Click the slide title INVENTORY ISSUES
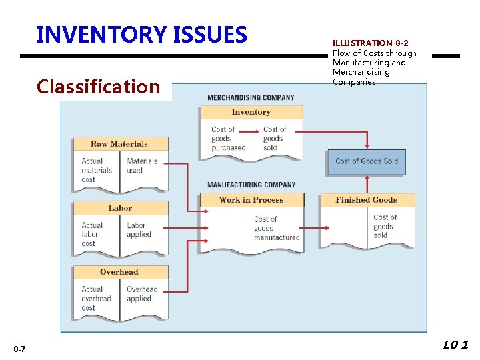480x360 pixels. (141, 34)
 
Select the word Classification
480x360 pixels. (99, 87)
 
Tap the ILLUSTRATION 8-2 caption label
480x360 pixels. (370, 43)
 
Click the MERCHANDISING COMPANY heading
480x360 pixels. (251, 97)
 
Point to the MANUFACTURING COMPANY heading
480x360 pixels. (251, 185)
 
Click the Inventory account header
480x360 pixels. (251, 112)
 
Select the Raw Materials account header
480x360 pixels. (119, 144)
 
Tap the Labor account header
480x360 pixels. (120, 208)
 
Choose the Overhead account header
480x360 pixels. (119, 272)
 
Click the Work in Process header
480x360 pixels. (251, 200)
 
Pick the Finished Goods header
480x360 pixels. (367, 200)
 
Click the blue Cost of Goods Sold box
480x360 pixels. (367, 161)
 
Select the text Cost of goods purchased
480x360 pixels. (228, 139)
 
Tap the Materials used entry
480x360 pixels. (141, 165)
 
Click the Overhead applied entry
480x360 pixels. (142, 294)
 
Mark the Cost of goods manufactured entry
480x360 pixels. (276, 228)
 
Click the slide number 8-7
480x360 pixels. (19, 349)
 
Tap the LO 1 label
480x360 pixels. (455, 345)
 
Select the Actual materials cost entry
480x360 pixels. (93, 170)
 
